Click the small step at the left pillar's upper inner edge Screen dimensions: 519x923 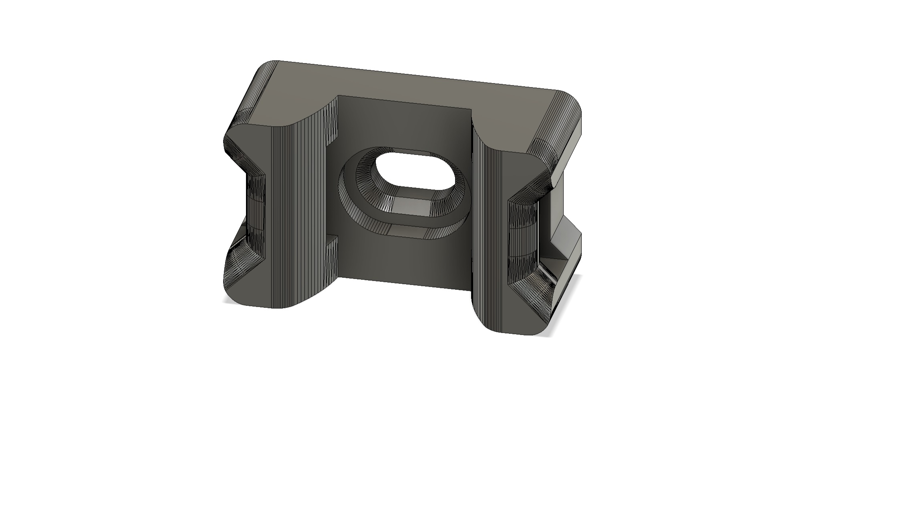point(333,120)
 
